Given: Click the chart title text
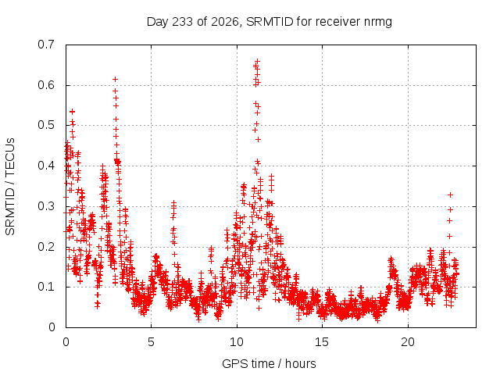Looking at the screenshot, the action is (x=269, y=22).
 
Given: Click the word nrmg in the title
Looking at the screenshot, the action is (x=377, y=23).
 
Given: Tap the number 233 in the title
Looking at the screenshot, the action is (x=182, y=22).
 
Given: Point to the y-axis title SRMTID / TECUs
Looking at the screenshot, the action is (x=10, y=187).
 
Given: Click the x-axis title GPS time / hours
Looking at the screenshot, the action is (x=269, y=363).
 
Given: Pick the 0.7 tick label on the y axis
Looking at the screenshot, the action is (x=46, y=45).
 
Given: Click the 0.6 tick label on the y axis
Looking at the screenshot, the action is (x=46, y=85).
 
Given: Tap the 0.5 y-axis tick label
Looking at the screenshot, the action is (x=46, y=125).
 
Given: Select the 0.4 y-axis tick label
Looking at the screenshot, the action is (x=46, y=166).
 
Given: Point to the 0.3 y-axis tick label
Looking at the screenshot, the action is (x=46, y=206).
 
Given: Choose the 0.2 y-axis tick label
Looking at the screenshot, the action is (x=46, y=247).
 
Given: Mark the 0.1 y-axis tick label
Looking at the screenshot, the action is (x=46, y=287).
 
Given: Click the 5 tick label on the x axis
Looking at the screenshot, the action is (x=151, y=342).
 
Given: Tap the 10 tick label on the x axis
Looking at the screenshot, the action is (x=237, y=342).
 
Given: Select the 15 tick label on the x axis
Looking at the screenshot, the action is (x=322, y=342).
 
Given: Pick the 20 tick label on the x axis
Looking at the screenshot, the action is (x=408, y=342).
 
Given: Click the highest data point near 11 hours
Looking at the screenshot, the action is (x=257, y=61).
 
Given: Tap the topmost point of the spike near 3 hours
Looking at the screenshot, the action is (x=115, y=79).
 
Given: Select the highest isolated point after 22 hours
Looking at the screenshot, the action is (x=450, y=195).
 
